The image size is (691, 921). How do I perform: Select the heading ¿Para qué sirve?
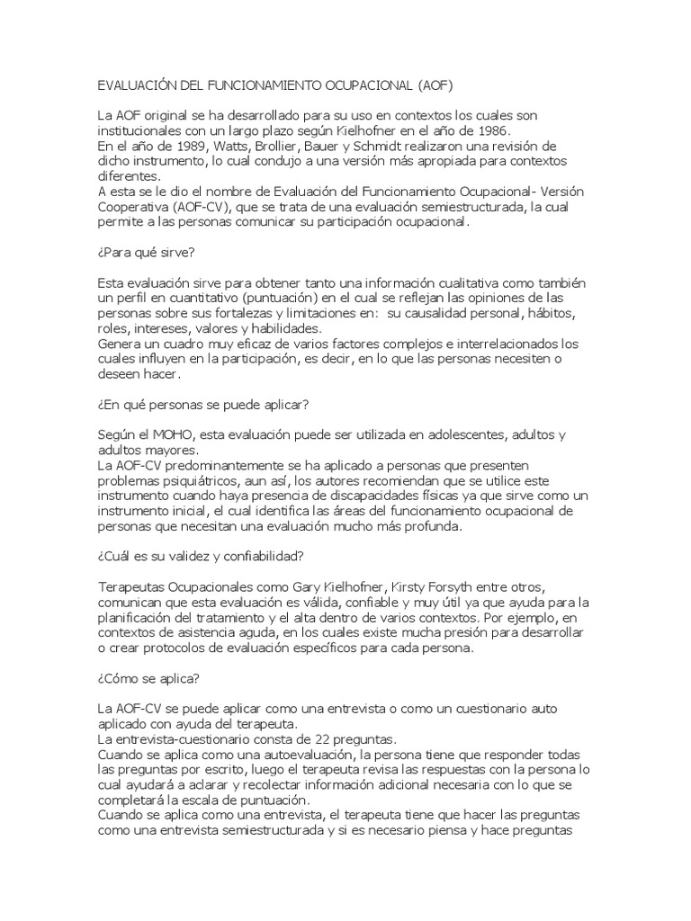pos(147,253)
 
